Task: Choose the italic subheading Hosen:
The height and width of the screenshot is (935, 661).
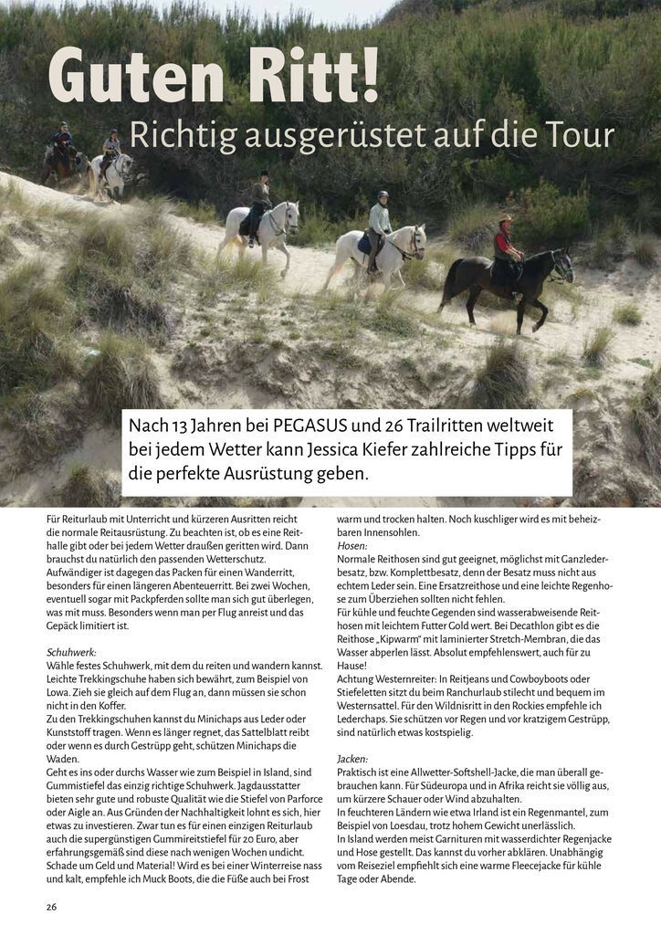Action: click(x=352, y=545)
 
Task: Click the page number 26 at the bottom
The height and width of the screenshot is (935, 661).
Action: click(x=52, y=907)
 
